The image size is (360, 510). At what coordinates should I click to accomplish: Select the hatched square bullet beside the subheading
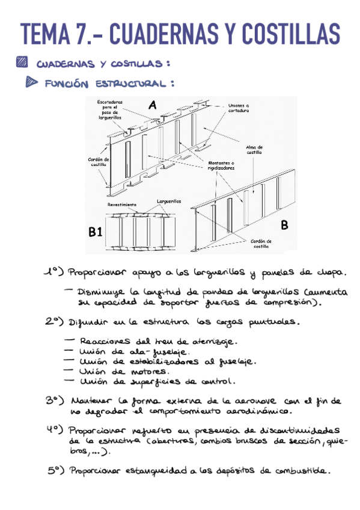pos(22,61)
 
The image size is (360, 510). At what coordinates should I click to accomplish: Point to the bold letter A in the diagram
pos(152,105)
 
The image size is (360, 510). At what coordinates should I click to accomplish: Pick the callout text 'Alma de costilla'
pos(254,149)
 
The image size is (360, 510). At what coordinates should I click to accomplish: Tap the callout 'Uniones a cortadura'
pos(238,108)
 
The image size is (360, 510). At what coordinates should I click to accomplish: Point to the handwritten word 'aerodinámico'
pos(255,412)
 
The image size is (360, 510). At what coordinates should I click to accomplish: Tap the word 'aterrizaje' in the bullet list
pos(213,340)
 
